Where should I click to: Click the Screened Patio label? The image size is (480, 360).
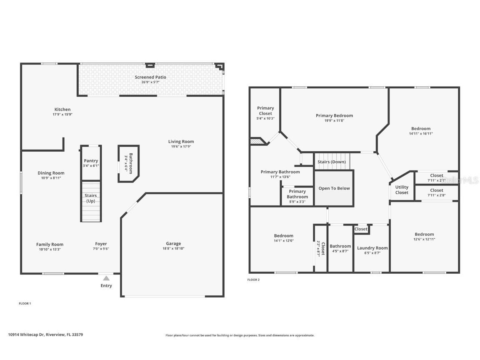[x=150, y=77]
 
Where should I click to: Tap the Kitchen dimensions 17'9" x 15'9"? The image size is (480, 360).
[x=62, y=114]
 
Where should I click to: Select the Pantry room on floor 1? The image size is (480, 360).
[x=91, y=162]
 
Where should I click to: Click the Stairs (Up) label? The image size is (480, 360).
[x=91, y=198]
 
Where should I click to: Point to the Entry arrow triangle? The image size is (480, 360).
[x=106, y=278]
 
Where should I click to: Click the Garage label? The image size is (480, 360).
[x=173, y=244]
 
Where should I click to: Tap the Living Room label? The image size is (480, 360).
[x=181, y=141]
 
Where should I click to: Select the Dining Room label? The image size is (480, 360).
[x=51, y=173]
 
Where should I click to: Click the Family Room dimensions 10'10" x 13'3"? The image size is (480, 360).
[x=50, y=249]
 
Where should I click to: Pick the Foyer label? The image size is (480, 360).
[x=101, y=244]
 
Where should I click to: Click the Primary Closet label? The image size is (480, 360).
[x=265, y=111]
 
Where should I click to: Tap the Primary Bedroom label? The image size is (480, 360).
[x=334, y=116]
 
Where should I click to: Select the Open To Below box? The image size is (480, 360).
[x=334, y=188]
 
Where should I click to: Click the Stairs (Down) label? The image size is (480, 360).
[x=332, y=162]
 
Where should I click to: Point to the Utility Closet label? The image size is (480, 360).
[x=402, y=190]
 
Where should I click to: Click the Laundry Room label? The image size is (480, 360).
[x=372, y=248]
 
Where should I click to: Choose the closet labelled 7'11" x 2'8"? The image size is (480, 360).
[x=436, y=192]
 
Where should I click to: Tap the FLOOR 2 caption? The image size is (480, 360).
[x=253, y=280]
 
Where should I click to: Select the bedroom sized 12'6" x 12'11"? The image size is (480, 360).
[x=424, y=236]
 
